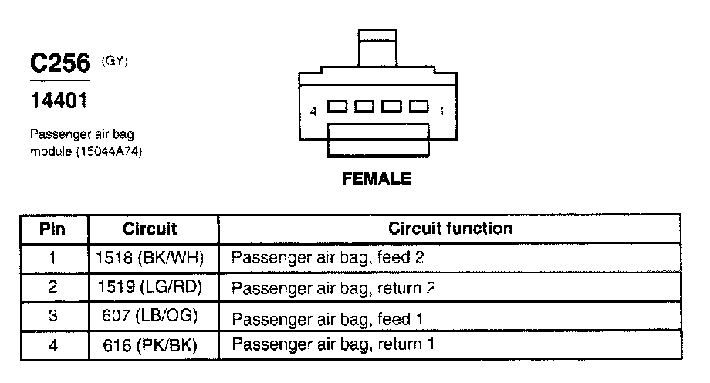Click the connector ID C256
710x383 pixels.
coord(60,63)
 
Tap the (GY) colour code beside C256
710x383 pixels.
coord(113,58)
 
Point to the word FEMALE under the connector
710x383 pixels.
coord(377,179)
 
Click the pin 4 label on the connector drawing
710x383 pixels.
coord(313,111)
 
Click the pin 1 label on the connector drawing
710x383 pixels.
coord(441,111)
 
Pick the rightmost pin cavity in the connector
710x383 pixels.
coord(418,106)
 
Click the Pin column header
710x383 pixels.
coord(52,229)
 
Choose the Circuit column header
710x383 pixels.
coord(150,229)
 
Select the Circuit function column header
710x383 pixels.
coord(450,229)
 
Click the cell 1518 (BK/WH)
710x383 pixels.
coord(150,257)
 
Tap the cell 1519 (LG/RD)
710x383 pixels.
coord(150,287)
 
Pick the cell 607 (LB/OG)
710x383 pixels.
coord(150,317)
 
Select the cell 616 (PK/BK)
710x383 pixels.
coord(150,345)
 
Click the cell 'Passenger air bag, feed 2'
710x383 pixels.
coord(328,257)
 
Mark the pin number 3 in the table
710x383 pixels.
coord(52,317)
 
